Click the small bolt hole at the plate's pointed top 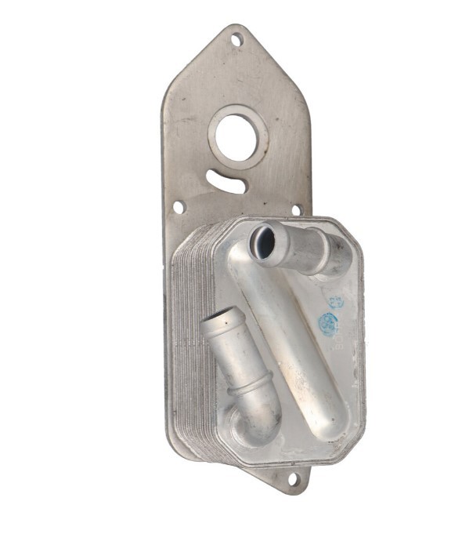[236, 38]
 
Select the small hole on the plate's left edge [178, 208]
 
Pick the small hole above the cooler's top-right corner [296, 210]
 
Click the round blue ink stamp [329, 324]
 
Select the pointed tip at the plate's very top [236, 26]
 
